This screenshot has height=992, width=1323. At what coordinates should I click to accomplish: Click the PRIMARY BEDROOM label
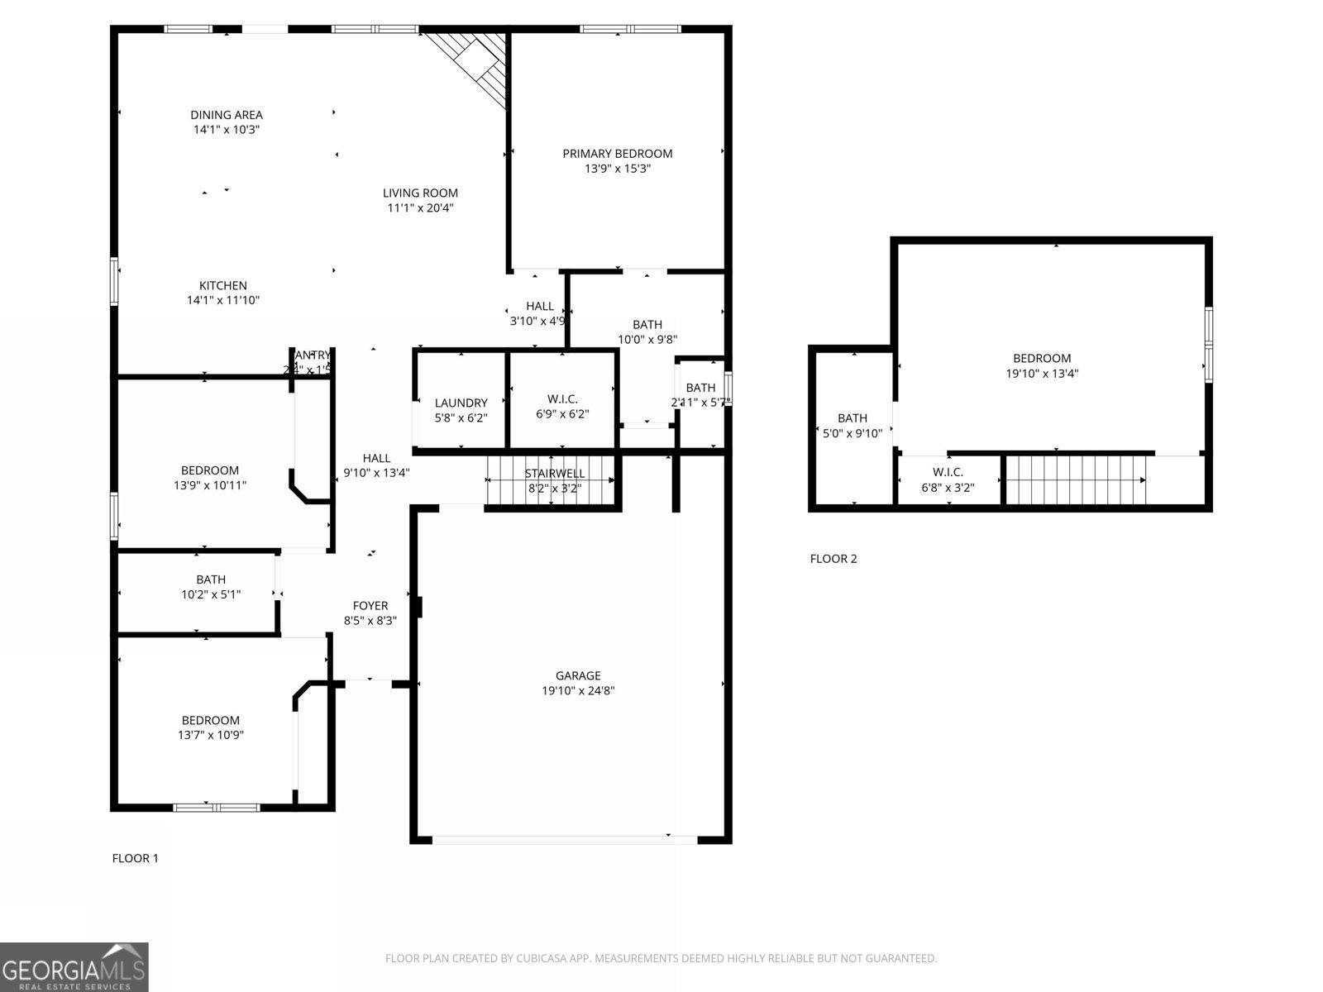pyautogui.click(x=617, y=154)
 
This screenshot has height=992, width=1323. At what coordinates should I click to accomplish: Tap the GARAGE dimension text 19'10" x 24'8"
pyautogui.click(x=578, y=691)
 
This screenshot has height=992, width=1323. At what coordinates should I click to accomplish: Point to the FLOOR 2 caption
pyautogui.click(x=833, y=559)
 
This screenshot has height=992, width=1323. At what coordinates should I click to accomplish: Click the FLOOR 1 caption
pyautogui.click(x=135, y=858)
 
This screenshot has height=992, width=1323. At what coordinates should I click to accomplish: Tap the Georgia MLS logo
pyautogui.click(x=74, y=967)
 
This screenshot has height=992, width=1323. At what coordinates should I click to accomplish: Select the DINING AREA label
pyautogui.click(x=226, y=115)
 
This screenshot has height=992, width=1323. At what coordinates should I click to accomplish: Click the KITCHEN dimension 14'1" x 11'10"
pyautogui.click(x=223, y=301)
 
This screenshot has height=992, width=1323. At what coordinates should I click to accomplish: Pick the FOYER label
pyautogui.click(x=370, y=605)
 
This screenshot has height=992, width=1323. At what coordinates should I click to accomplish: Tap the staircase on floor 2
pyautogui.click(x=1075, y=479)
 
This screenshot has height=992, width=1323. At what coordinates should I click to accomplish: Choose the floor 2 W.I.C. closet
pyautogui.click(x=948, y=480)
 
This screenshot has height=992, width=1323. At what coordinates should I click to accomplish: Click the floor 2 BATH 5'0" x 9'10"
pyautogui.click(x=853, y=426)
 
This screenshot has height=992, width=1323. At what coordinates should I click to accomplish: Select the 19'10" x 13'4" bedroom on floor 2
pyautogui.click(x=1042, y=365)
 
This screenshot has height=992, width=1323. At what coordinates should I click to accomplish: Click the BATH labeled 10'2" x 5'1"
pyautogui.click(x=211, y=587)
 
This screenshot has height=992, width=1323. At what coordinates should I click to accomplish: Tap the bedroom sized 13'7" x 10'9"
pyautogui.click(x=211, y=727)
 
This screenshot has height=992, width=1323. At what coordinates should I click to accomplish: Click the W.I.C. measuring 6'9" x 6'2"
pyautogui.click(x=562, y=407)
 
